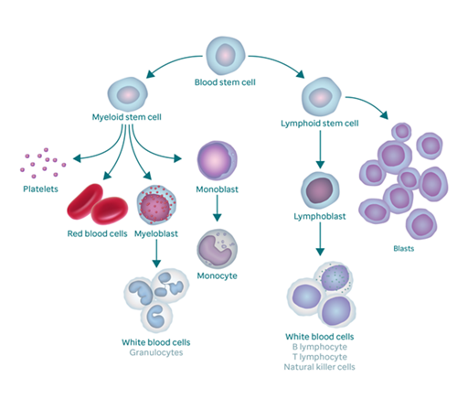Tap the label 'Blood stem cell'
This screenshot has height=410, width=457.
tap(225, 83)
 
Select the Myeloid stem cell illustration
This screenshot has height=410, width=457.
tap(128, 95)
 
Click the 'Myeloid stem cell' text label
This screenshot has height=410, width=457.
tap(128, 118)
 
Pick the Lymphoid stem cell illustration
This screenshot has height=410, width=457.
tap(321, 97)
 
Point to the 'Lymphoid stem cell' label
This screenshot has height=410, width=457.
tap(320, 122)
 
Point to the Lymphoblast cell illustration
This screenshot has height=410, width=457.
tap(320, 192)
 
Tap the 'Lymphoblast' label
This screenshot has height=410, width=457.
tap(320, 221)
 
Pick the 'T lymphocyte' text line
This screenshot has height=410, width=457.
tap(321, 356)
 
